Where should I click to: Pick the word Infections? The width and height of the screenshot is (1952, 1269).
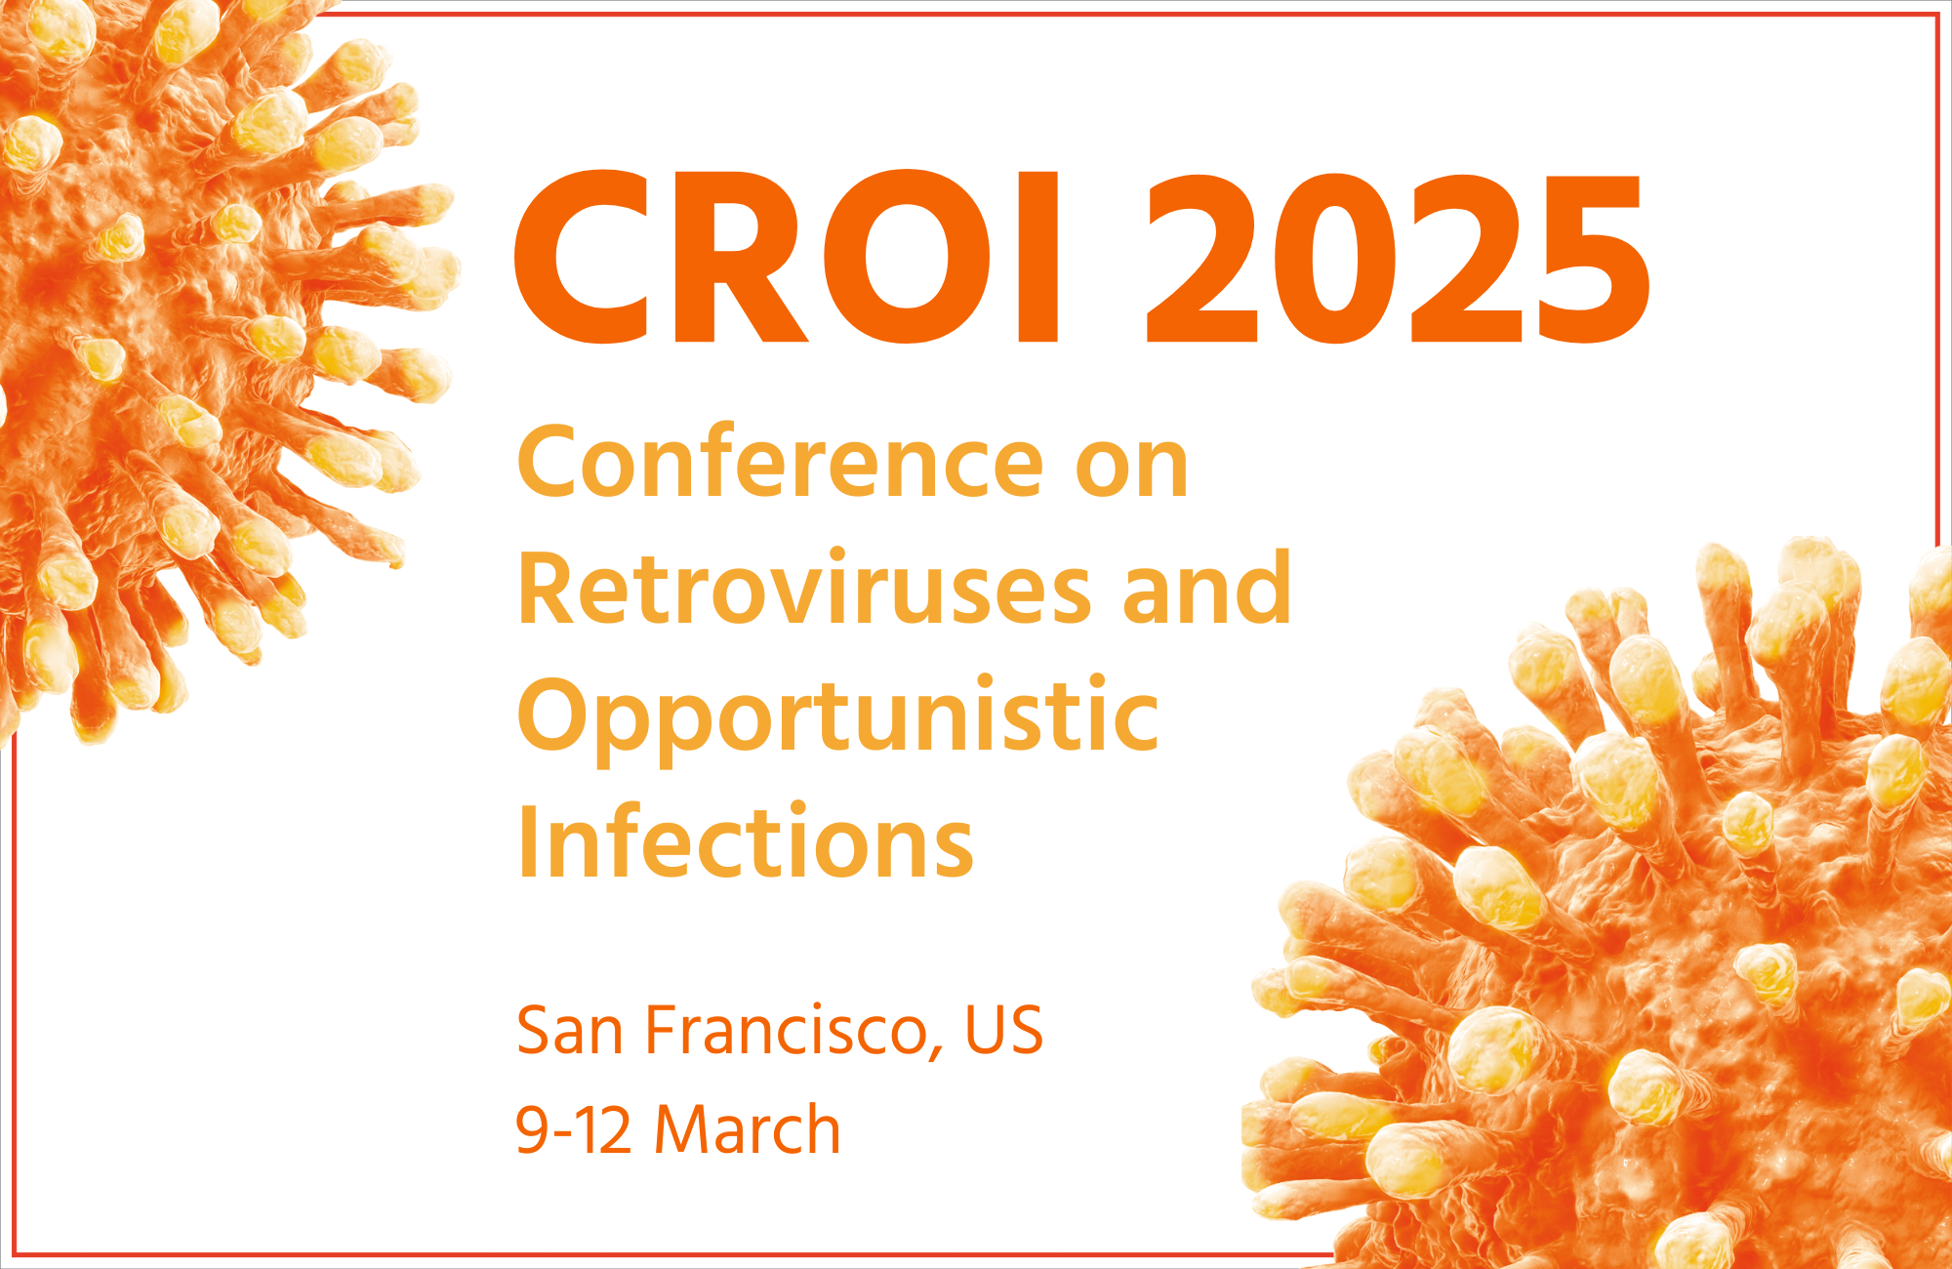click(x=746, y=839)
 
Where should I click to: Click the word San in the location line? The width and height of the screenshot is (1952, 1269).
click(x=570, y=1031)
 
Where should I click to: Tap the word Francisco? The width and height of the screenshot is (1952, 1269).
click(x=787, y=1031)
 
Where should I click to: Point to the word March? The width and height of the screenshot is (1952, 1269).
click(x=747, y=1128)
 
